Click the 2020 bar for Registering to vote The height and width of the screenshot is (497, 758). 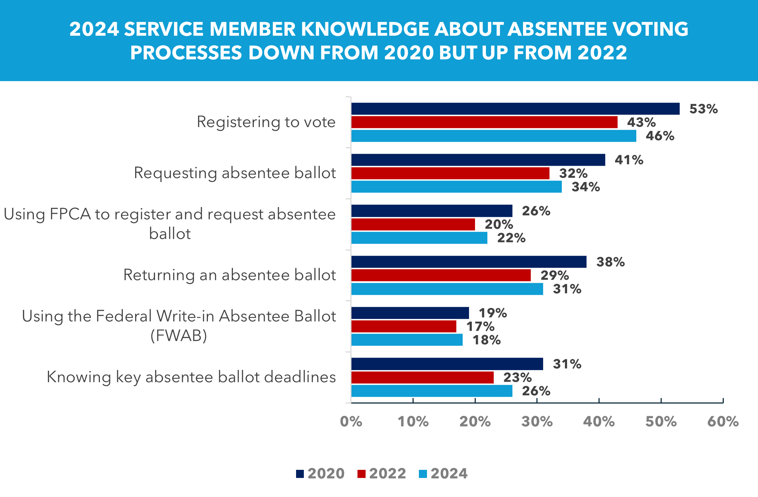coord(515,109)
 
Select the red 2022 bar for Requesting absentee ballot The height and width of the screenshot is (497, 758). coord(450,173)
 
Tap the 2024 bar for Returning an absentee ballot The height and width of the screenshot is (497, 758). coord(447,289)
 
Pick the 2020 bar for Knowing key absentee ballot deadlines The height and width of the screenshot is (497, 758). coord(447,364)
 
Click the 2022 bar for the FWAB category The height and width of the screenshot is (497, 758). coord(404,326)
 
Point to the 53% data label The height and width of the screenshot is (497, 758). coord(703,109)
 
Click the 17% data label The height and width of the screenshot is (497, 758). coord(480,326)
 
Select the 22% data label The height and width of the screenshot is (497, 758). coord(511,238)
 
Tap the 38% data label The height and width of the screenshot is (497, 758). coord(610,262)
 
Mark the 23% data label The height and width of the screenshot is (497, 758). coord(517,377)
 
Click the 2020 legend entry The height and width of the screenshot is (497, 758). coord(320,473)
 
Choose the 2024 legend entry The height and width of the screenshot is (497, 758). coord(443,473)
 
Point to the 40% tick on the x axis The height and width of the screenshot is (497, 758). coord(599,422)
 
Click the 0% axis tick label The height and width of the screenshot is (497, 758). coord(351,422)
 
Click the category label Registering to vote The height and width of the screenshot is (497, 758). coord(266,122)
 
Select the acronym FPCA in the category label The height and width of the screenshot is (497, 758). coord(70,214)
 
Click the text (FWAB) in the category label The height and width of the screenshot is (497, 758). coord(179,335)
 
